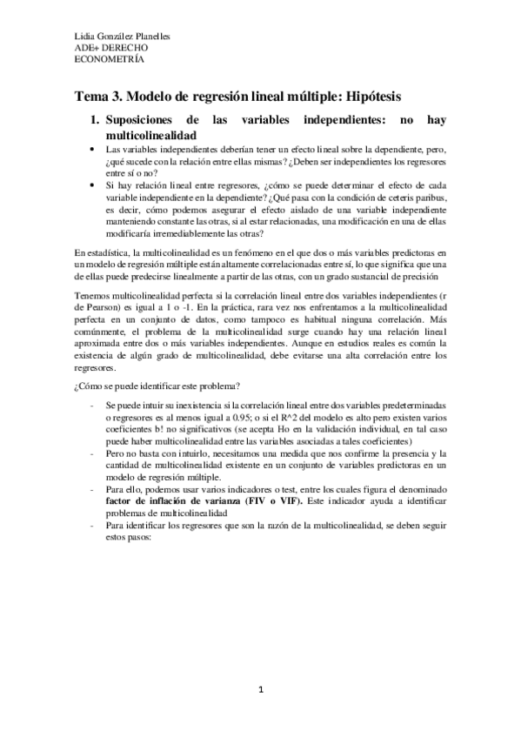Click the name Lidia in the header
85,37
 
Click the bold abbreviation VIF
270,503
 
